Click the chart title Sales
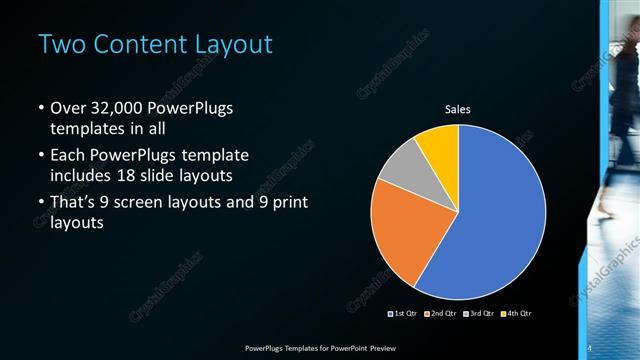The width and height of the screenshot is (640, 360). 458,109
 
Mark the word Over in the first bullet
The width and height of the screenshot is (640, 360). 69,108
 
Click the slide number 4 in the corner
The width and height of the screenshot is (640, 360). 590,348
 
